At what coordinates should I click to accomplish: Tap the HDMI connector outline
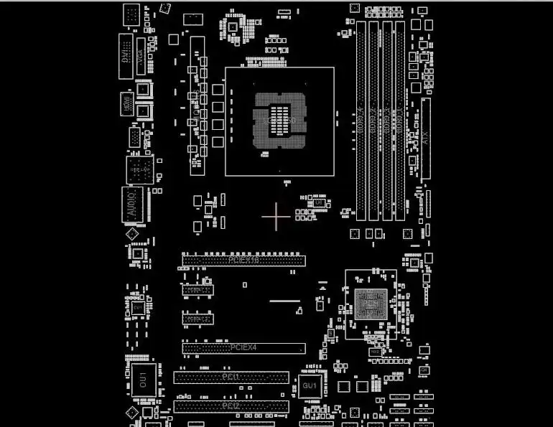click(126, 102)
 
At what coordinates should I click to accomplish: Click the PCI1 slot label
click(231, 377)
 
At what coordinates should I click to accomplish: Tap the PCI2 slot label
click(231, 406)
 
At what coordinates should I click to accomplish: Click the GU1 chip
click(310, 386)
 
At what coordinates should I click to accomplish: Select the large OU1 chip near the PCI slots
click(142, 378)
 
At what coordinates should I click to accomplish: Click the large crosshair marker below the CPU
click(276, 217)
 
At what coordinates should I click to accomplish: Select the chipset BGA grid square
click(371, 304)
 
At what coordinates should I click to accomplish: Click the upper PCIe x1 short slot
click(197, 290)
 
